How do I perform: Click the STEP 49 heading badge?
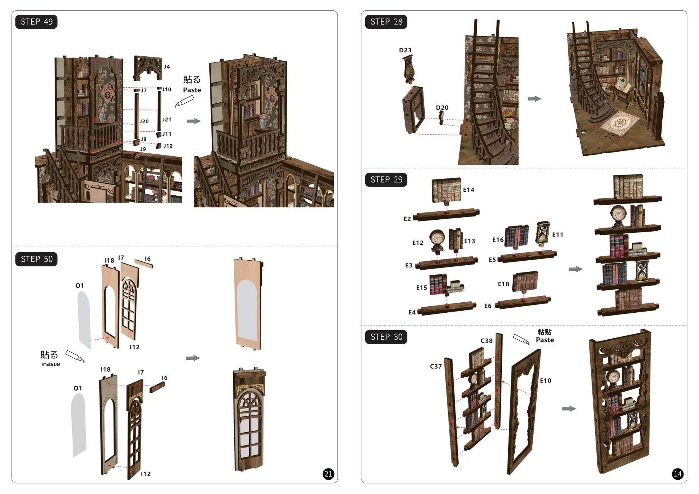pyautogui.click(x=36, y=22)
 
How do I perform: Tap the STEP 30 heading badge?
pyautogui.click(x=386, y=337)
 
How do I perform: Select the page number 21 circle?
pyautogui.click(x=328, y=474)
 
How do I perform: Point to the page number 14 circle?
pyautogui.click(x=677, y=474)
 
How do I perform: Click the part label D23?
pyautogui.click(x=405, y=50)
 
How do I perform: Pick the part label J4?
pyautogui.click(x=167, y=66)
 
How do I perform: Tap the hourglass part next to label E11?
pyautogui.click(x=543, y=233)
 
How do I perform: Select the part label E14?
pyautogui.click(x=468, y=190)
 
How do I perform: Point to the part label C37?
pyautogui.click(x=436, y=366)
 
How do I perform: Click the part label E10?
pyautogui.click(x=545, y=381)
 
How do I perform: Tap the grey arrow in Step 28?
pyautogui.click(x=534, y=99)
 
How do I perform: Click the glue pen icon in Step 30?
pyautogui.click(x=521, y=339)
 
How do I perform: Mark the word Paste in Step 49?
pyautogui.click(x=192, y=90)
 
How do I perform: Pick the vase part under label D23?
pyautogui.click(x=408, y=68)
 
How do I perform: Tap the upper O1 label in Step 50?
pyautogui.click(x=79, y=285)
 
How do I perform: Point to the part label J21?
pyautogui.click(x=166, y=119)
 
